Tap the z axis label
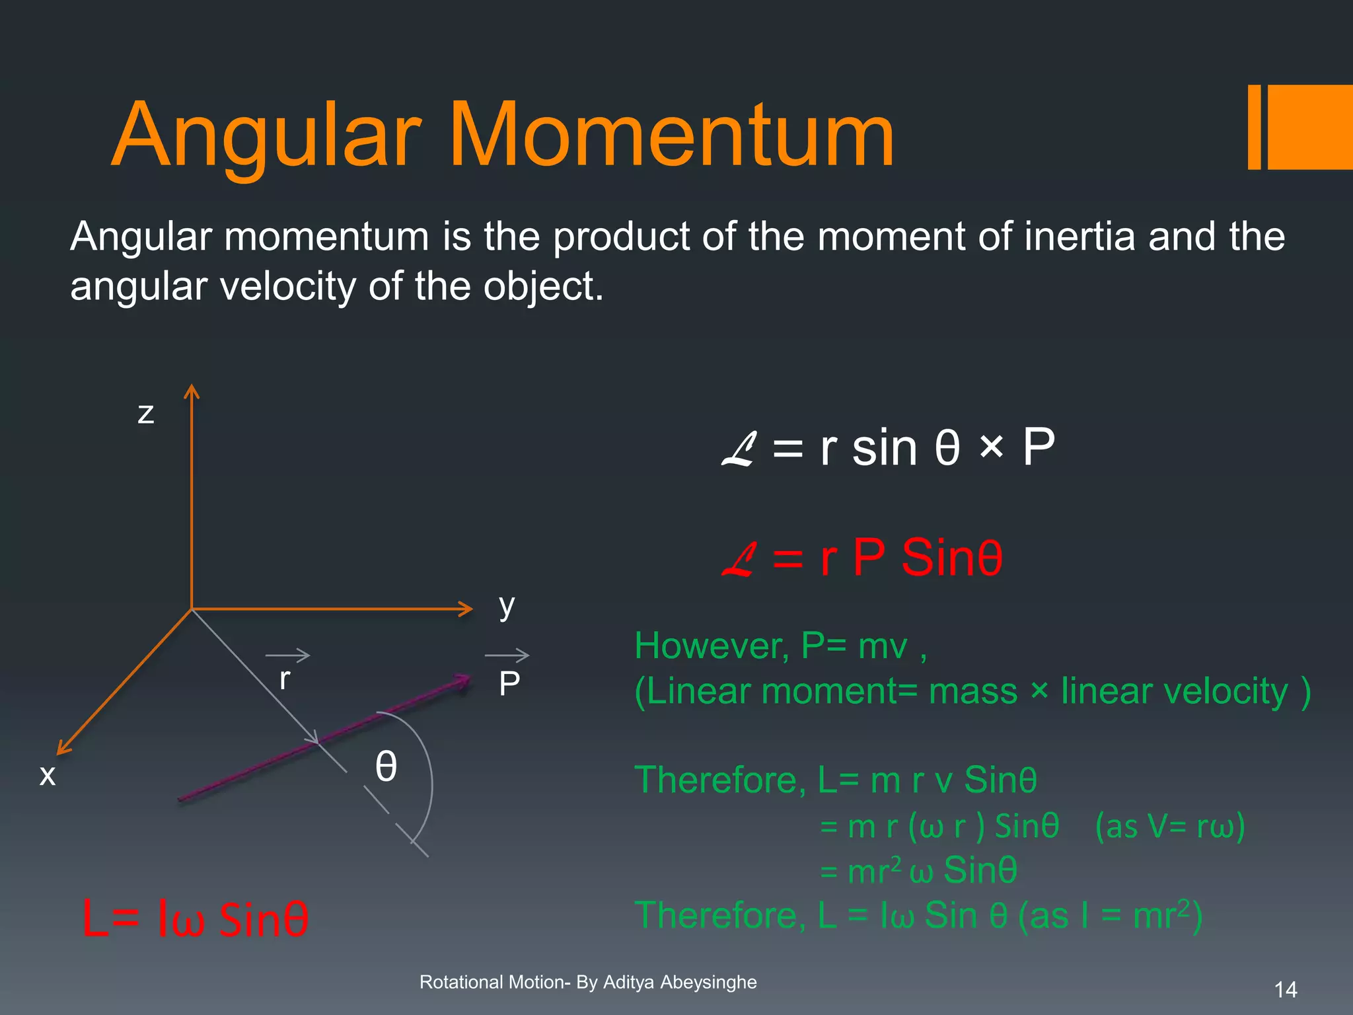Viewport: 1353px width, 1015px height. click(146, 414)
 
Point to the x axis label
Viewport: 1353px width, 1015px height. click(48, 774)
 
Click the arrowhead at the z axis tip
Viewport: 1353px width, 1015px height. click(192, 391)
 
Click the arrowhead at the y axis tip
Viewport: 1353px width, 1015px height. click(466, 609)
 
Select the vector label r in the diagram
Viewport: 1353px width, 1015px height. click(285, 679)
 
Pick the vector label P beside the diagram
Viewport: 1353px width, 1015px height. click(509, 683)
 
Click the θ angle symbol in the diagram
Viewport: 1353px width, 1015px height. click(386, 767)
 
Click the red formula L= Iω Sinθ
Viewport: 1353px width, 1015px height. click(195, 919)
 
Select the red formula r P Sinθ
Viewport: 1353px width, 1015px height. click(862, 558)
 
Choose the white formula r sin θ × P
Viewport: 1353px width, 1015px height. click(888, 448)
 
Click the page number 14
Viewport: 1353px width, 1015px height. click(1286, 989)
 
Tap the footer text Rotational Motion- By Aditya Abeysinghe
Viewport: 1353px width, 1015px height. click(588, 982)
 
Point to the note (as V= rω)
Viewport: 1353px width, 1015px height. click(1169, 826)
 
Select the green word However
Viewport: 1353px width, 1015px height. click(711, 646)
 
